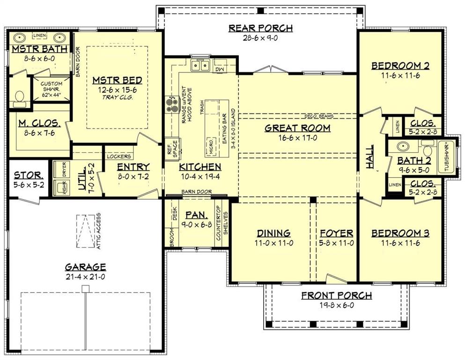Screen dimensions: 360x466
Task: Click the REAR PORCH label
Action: click(x=260, y=28)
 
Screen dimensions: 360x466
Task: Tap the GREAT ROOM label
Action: click(x=297, y=128)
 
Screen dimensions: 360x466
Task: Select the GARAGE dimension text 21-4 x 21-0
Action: click(x=85, y=277)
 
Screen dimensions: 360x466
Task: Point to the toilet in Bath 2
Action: click(x=427, y=150)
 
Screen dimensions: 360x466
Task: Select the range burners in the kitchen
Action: click(x=169, y=103)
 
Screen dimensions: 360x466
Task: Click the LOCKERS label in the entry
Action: click(x=118, y=157)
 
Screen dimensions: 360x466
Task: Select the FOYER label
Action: click(x=336, y=233)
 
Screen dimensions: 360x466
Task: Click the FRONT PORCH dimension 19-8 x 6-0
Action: click(x=336, y=305)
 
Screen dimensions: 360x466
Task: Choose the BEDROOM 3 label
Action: click(x=400, y=233)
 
